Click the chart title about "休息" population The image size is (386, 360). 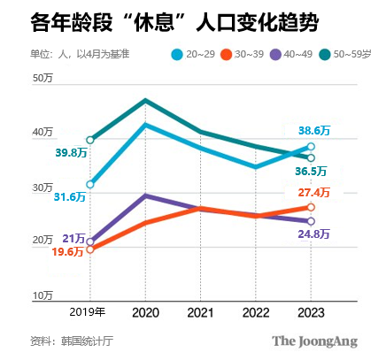click(x=162, y=21)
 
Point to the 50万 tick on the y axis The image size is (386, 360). click(x=43, y=79)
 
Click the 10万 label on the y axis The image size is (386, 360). click(x=43, y=295)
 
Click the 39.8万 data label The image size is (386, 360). click(x=71, y=152)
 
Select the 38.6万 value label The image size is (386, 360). click(x=314, y=130)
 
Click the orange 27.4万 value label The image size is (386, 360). click(x=314, y=192)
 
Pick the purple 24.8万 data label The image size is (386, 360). click(x=314, y=234)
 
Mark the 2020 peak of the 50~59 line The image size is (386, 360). click(x=145, y=100)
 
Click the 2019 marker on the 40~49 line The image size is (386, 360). click(x=90, y=241)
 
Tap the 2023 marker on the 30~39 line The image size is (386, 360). click(x=311, y=208)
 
